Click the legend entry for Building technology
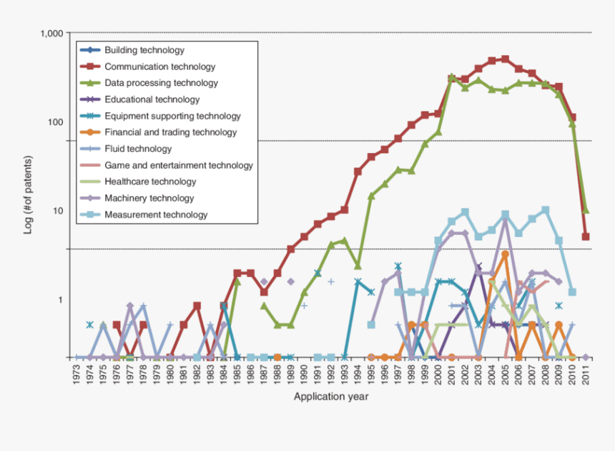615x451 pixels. pyautogui.click(x=144, y=50)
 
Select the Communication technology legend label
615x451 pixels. pyautogui.click(x=159, y=67)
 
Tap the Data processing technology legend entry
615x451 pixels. pyautogui.click(x=161, y=83)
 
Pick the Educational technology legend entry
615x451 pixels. pyautogui.click(x=152, y=100)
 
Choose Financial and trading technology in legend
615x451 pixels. pyautogui.click(x=170, y=132)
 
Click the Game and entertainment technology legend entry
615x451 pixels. pyautogui.click(x=178, y=165)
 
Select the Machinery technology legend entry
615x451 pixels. pyautogui.click(x=149, y=198)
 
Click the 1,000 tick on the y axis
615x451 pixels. pyautogui.click(x=52, y=34)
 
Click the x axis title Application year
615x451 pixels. pyautogui.click(x=331, y=397)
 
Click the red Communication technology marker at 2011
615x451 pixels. pyautogui.click(x=586, y=236)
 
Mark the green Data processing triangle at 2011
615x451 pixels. pyautogui.click(x=586, y=210)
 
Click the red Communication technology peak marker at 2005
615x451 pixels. pyautogui.click(x=505, y=59)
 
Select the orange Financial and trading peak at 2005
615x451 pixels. pyautogui.click(x=505, y=254)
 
